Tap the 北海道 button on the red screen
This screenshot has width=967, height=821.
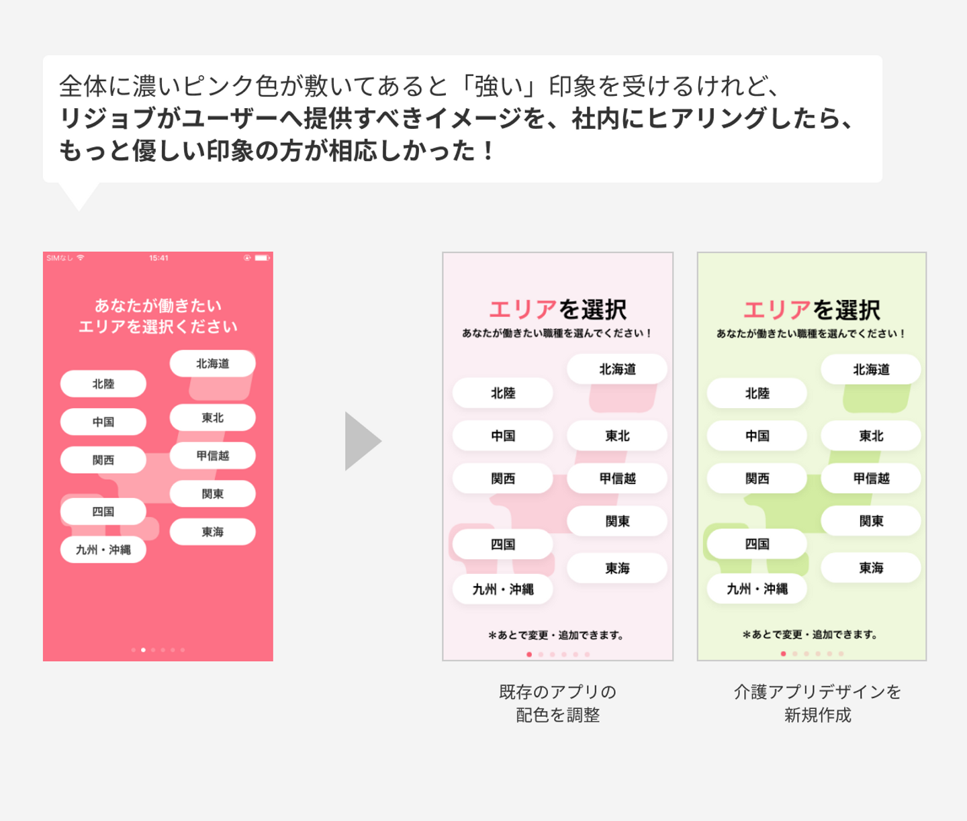tap(212, 364)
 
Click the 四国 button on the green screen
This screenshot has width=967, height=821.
tap(757, 544)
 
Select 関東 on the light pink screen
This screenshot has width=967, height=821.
tap(617, 522)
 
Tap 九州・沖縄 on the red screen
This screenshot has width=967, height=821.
tap(103, 550)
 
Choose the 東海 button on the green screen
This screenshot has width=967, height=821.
tap(871, 568)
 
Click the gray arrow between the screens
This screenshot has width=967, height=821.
tap(361, 441)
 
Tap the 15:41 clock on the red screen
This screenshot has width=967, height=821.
tap(159, 258)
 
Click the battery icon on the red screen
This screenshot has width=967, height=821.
tap(261, 258)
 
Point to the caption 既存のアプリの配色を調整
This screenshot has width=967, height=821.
tap(557, 703)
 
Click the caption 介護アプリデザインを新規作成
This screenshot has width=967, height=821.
tap(817, 703)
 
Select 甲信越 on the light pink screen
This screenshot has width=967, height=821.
tap(617, 479)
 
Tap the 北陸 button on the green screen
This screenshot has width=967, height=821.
tap(757, 393)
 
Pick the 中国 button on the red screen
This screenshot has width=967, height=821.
tap(103, 422)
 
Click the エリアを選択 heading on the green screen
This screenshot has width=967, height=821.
tap(811, 310)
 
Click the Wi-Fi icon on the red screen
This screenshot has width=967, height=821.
tap(81, 258)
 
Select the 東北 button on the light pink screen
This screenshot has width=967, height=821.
tap(617, 436)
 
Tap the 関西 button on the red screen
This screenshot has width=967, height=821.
tap(103, 461)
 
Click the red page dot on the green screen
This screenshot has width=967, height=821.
tap(783, 654)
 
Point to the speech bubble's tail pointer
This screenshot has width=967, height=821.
tap(79, 196)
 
